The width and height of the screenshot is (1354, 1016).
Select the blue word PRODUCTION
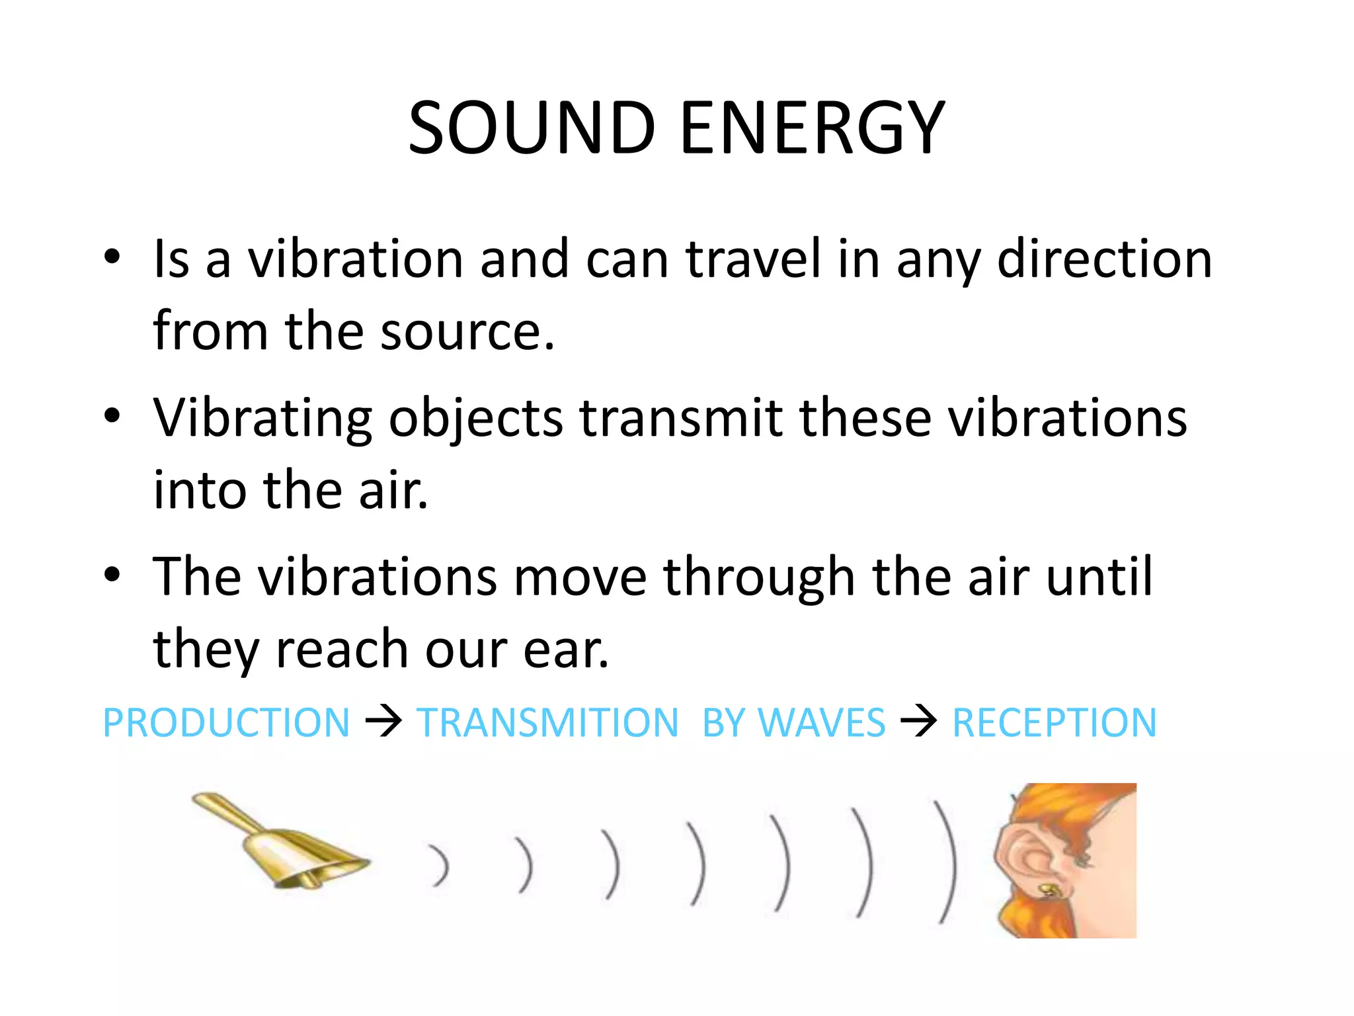click(x=226, y=722)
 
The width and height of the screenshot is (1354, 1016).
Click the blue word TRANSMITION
click(x=547, y=722)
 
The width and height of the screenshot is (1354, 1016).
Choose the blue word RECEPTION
click(x=1054, y=722)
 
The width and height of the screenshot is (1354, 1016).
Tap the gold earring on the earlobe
click(x=1049, y=890)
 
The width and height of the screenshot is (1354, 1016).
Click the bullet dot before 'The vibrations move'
click(x=112, y=574)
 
